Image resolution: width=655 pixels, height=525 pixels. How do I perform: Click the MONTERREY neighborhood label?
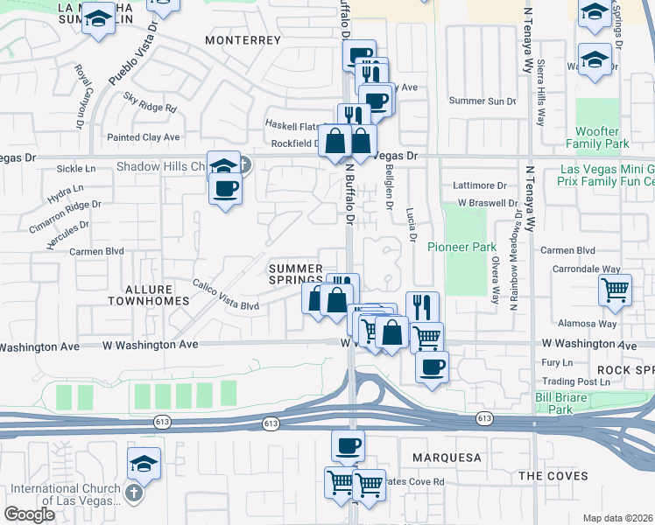point(243,40)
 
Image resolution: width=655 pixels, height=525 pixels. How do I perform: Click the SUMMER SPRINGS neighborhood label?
point(296,274)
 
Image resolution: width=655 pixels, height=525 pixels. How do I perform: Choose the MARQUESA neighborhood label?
point(445,458)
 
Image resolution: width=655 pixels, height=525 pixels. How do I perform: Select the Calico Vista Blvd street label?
point(226,297)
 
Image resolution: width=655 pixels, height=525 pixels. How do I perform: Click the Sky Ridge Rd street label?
point(150,101)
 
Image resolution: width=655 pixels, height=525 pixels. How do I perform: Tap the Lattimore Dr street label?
point(481,185)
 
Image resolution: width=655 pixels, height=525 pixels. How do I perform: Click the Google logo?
point(30,514)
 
